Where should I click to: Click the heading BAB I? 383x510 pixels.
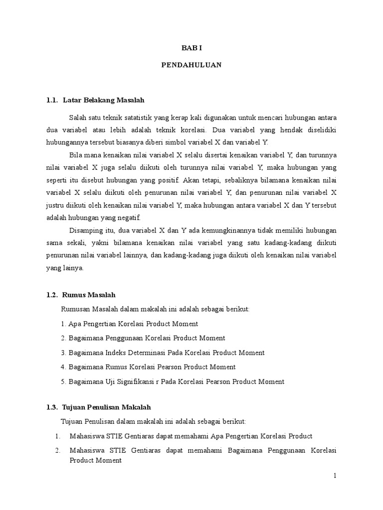191,48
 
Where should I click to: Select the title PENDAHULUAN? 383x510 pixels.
191,65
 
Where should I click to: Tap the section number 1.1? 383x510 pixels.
52,101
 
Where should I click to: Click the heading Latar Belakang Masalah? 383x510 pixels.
104,101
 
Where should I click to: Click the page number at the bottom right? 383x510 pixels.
336,476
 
